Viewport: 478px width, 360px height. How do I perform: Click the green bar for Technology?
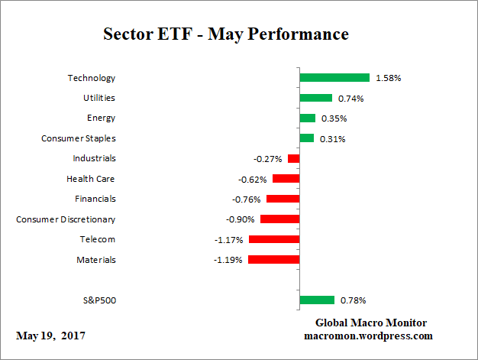tap(334, 77)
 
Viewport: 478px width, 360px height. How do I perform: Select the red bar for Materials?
tap(273, 259)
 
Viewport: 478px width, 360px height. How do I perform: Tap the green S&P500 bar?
tap(317, 300)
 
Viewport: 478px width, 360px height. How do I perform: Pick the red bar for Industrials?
tap(293, 158)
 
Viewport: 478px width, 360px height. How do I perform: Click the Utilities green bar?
tap(315, 98)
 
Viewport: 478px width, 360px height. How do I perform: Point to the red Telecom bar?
tap(273, 239)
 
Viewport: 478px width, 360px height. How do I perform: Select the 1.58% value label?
tap(388, 78)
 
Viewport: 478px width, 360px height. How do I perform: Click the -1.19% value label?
tap(228, 260)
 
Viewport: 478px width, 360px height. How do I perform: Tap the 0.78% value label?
tap(353, 300)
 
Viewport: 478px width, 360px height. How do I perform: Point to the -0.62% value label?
tap(252, 179)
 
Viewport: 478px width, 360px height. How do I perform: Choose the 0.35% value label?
tap(333, 118)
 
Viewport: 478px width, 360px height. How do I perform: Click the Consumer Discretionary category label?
tap(66, 219)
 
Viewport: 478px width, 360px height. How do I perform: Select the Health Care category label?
tap(92, 179)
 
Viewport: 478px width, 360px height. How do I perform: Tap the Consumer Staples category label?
tap(78, 138)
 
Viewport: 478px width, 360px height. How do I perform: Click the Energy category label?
tap(102, 118)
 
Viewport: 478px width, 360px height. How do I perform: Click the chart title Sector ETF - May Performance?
tap(225, 34)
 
